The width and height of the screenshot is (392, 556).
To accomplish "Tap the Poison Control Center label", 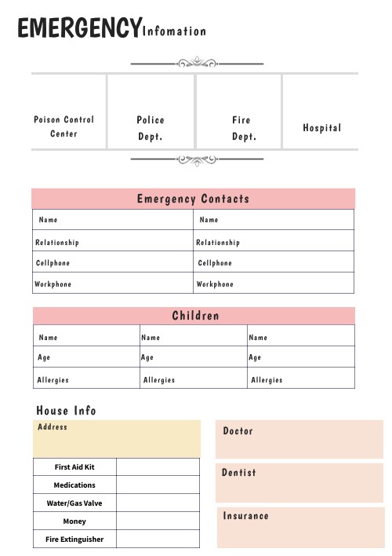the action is coord(64,126).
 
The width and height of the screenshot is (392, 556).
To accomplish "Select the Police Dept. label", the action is coord(151,128).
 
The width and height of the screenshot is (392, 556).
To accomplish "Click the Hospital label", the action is coord(322,128).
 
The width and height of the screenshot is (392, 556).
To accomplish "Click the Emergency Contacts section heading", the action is coord(193,199).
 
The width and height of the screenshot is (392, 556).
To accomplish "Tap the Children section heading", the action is coord(195,316).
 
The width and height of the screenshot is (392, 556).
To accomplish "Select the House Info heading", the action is coord(67,411).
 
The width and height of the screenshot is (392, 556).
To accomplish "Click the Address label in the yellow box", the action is coord(53,427).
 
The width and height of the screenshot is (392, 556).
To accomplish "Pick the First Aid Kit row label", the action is coord(74,467).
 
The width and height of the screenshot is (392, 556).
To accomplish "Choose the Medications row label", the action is coord(74,485).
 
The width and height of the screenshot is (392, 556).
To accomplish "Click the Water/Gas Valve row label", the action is coord(74,503).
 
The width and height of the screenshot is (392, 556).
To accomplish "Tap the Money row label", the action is coord(74,521).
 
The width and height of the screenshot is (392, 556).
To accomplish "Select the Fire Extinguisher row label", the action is coord(74,540).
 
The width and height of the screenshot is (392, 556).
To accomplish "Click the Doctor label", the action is coord(238,431).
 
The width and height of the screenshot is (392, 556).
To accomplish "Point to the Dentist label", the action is coord(239,473).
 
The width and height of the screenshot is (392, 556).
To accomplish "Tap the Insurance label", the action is coord(245,516).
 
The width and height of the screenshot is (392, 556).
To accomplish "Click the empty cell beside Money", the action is coord(158,521).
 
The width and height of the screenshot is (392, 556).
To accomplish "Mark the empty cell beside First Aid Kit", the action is coord(158,467).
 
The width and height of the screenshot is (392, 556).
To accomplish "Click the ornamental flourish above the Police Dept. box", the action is coord(196,63).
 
